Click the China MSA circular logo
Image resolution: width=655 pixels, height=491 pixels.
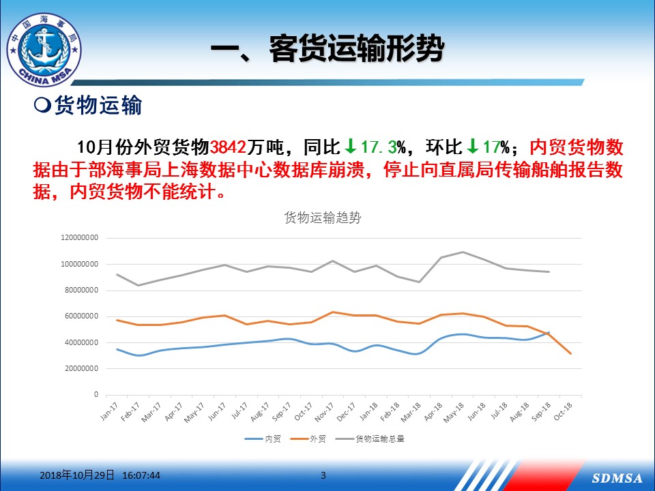(x=44, y=50)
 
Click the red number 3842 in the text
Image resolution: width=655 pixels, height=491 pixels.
(x=228, y=147)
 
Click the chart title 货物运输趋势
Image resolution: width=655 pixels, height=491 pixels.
(x=323, y=218)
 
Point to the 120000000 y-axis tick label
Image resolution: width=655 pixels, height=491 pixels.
(x=80, y=237)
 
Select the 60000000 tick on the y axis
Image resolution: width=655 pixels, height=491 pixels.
(x=82, y=316)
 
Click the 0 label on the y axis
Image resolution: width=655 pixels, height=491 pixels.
(x=96, y=394)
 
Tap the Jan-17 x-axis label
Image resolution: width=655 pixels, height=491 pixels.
(x=109, y=411)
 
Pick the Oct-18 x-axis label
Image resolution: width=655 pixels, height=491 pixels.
(x=563, y=411)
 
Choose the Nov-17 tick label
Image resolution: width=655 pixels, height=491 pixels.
(x=324, y=412)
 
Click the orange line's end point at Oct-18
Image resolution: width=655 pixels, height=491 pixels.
(x=570, y=354)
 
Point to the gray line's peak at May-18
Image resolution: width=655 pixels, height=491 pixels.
(x=463, y=252)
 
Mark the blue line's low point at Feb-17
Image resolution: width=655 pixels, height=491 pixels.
(x=139, y=355)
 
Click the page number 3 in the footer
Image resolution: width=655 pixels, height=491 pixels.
(x=323, y=475)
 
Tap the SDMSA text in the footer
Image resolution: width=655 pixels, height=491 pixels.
(x=617, y=478)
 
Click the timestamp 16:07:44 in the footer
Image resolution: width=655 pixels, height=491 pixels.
(x=141, y=475)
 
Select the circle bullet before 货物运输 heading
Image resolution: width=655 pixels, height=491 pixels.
(x=42, y=105)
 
